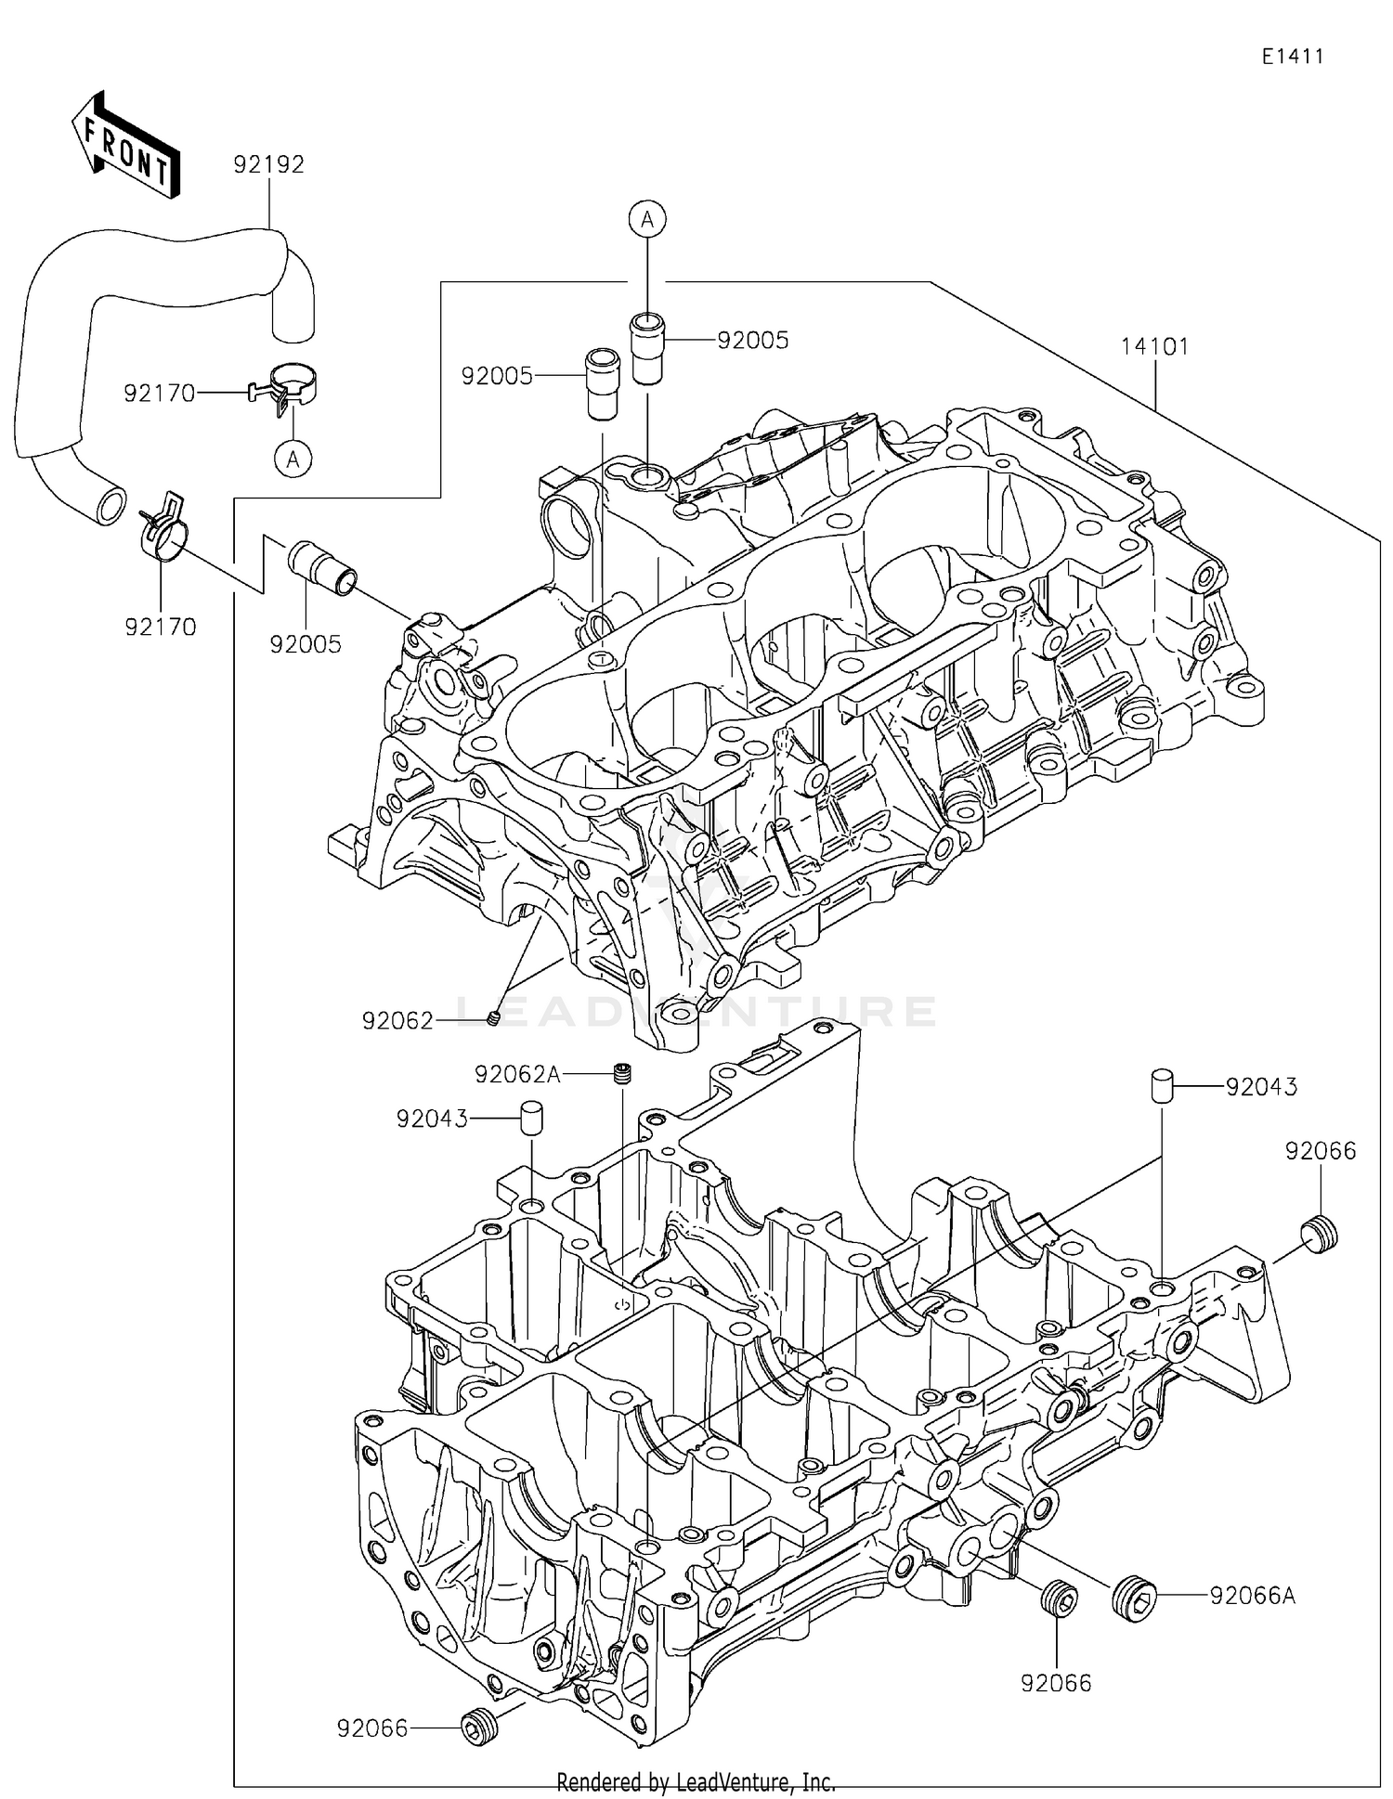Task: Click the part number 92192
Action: pyautogui.click(x=268, y=164)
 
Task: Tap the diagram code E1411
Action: pyautogui.click(x=1292, y=57)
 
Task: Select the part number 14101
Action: pyautogui.click(x=1154, y=346)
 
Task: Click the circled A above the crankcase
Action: pyautogui.click(x=647, y=219)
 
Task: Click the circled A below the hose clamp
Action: pyautogui.click(x=293, y=459)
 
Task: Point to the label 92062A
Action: pyautogui.click(x=517, y=1074)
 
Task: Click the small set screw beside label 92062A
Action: pyautogui.click(x=623, y=1075)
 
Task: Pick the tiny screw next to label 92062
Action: pyautogui.click(x=494, y=1019)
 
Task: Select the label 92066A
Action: pyautogui.click(x=1252, y=1595)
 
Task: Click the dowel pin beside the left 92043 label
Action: pyautogui.click(x=530, y=1119)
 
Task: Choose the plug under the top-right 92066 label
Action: pyautogui.click(x=1320, y=1236)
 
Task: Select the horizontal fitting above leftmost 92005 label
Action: pyautogui.click(x=321, y=567)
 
